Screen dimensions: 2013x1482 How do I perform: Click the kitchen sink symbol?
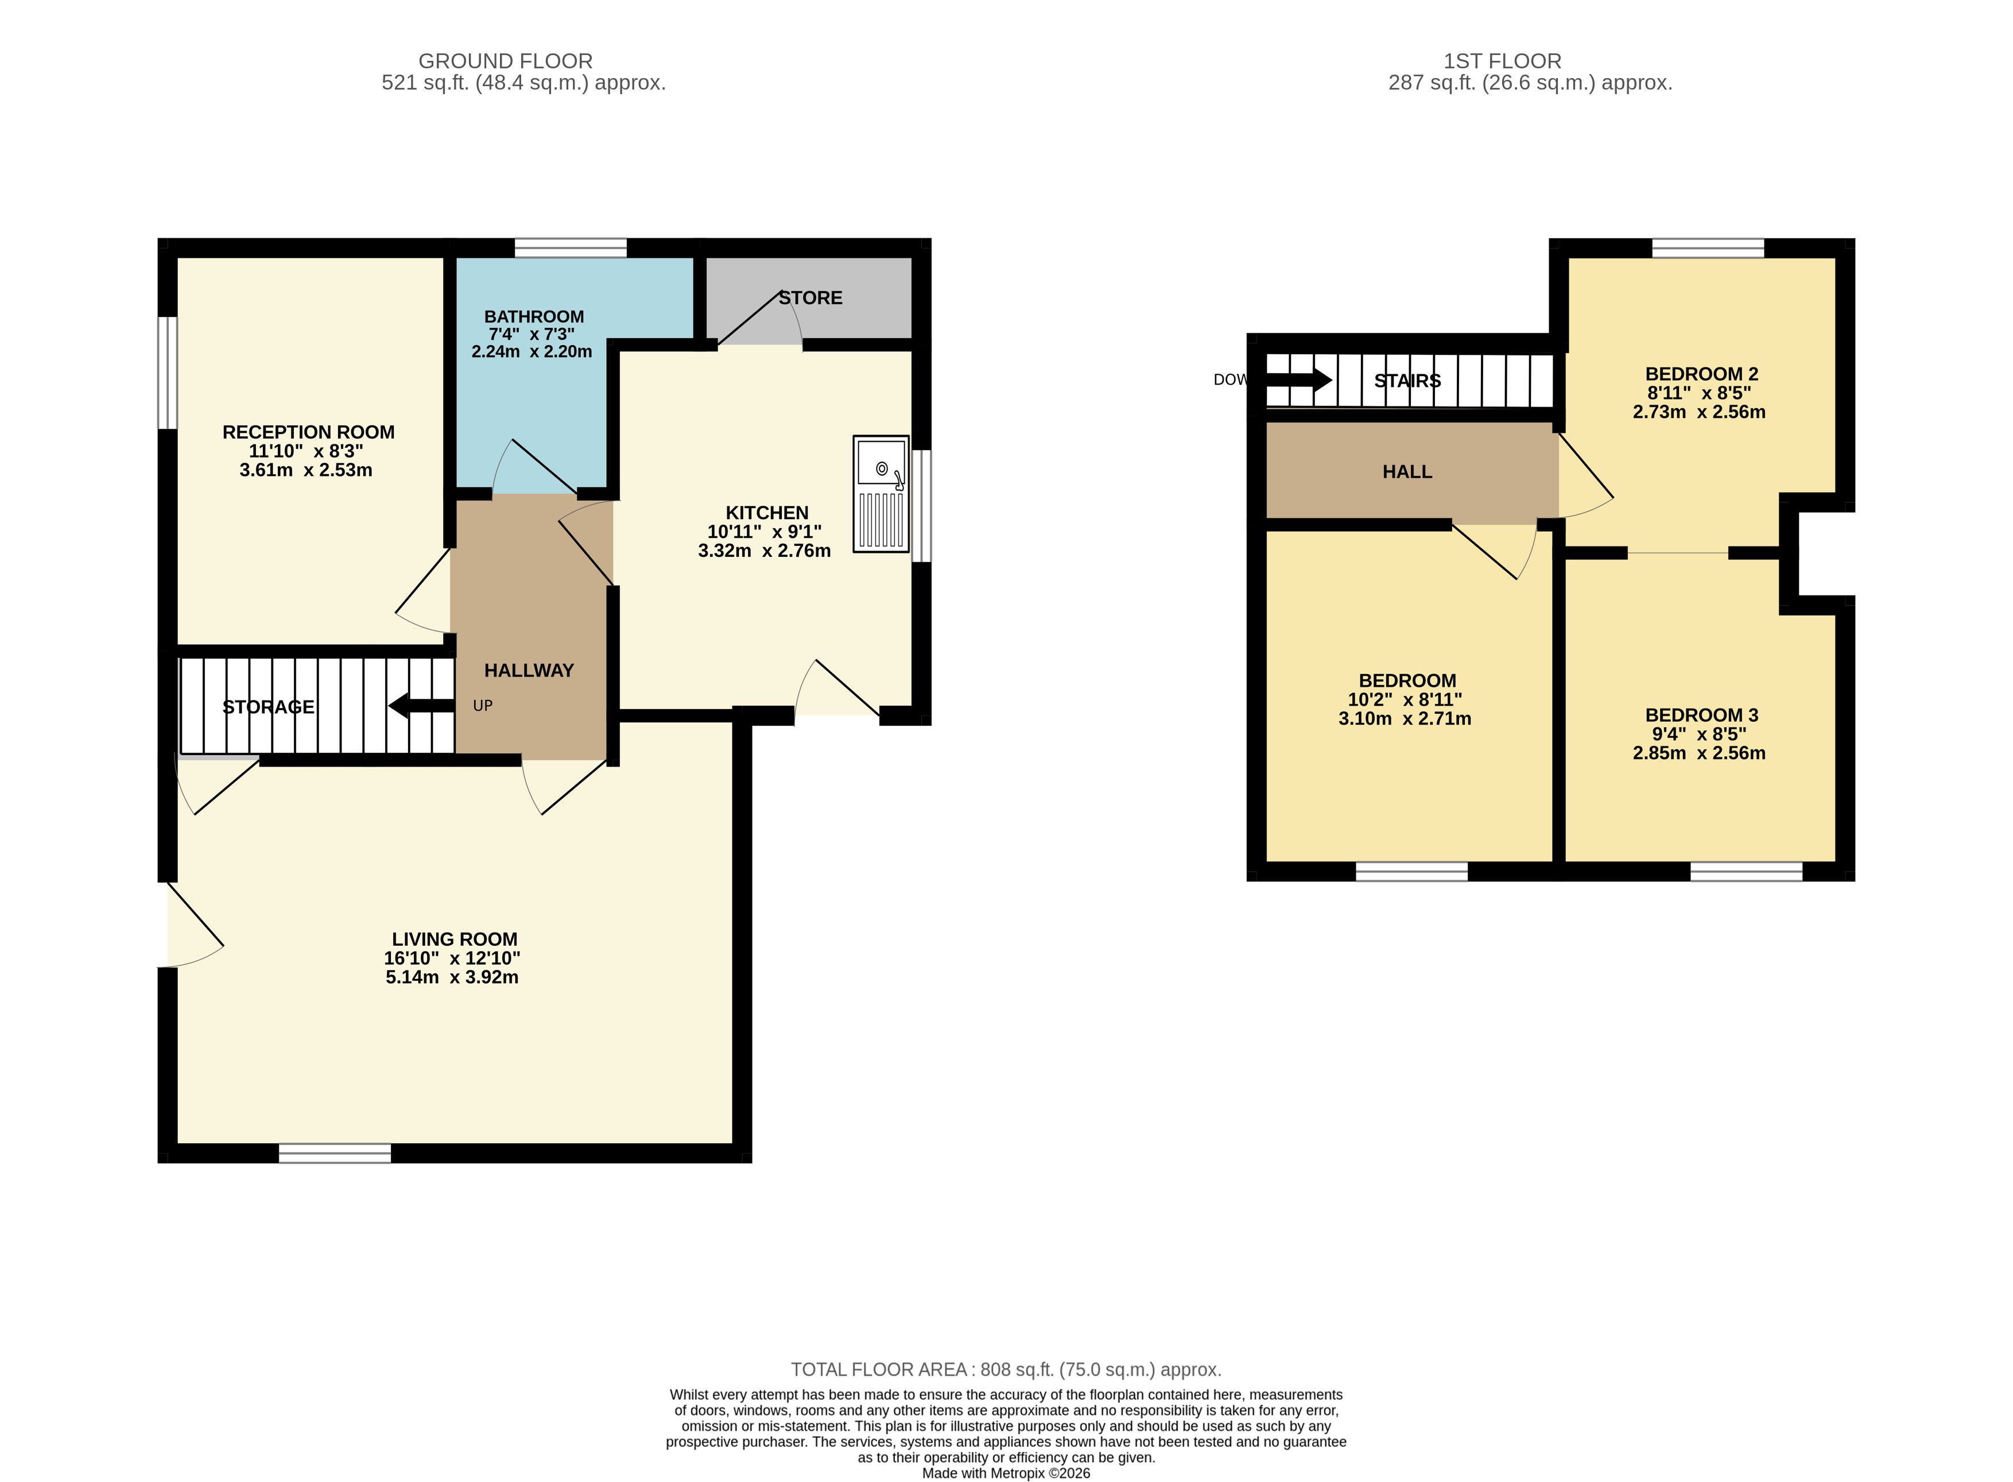(x=881, y=493)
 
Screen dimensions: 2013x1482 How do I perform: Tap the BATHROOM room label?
(x=533, y=317)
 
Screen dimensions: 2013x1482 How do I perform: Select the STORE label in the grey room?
(x=810, y=298)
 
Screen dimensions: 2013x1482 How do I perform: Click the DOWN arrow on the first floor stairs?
(x=1298, y=380)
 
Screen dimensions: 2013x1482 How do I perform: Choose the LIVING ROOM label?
(x=455, y=939)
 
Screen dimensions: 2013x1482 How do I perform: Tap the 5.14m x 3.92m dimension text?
(x=452, y=977)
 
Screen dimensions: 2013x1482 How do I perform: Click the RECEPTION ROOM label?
(x=308, y=432)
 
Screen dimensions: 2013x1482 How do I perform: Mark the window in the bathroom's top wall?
(x=571, y=247)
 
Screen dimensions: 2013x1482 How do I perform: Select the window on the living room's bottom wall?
(x=335, y=1154)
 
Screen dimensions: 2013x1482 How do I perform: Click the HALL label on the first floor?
(x=1407, y=472)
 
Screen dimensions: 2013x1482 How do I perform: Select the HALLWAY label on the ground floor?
(x=529, y=670)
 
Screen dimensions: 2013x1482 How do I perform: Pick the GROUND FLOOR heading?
(x=506, y=61)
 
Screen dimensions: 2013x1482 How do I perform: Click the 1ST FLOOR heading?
(x=1503, y=61)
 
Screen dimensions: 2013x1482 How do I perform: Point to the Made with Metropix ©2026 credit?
(x=1006, y=1473)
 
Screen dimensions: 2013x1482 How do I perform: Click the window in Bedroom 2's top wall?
(x=1708, y=247)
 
